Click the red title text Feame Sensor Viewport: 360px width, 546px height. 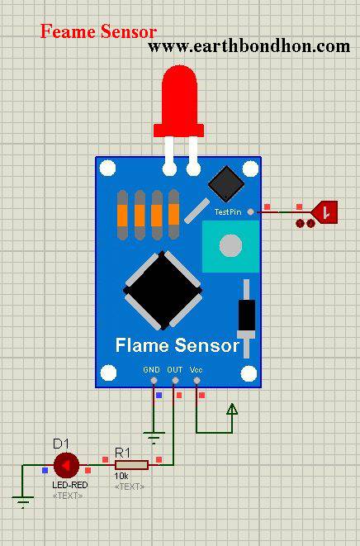tap(98, 31)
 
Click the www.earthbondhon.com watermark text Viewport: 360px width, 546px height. tap(249, 45)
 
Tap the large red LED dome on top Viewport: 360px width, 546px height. tap(179, 101)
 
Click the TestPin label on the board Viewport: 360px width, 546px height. tap(228, 211)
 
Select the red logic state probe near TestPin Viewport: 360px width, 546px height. tap(324, 211)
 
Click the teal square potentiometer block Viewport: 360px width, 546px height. tap(231, 246)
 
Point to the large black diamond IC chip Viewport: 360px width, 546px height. tap(163, 291)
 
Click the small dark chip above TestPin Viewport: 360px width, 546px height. tap(226, 183)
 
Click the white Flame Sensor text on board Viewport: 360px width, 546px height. tap(178, 345)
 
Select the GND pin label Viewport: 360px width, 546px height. tap(151, 370)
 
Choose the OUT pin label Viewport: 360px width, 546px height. tap(175, 370)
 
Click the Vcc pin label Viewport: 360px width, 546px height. tap(196, 370)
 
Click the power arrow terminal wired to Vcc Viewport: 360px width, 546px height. tap(232, 409)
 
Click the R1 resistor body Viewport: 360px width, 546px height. tap(131, 465)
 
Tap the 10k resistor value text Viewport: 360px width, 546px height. tap(121, 476)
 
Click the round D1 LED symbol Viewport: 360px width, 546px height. tap(66, 465)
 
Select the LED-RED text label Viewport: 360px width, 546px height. tap(70, 485)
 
